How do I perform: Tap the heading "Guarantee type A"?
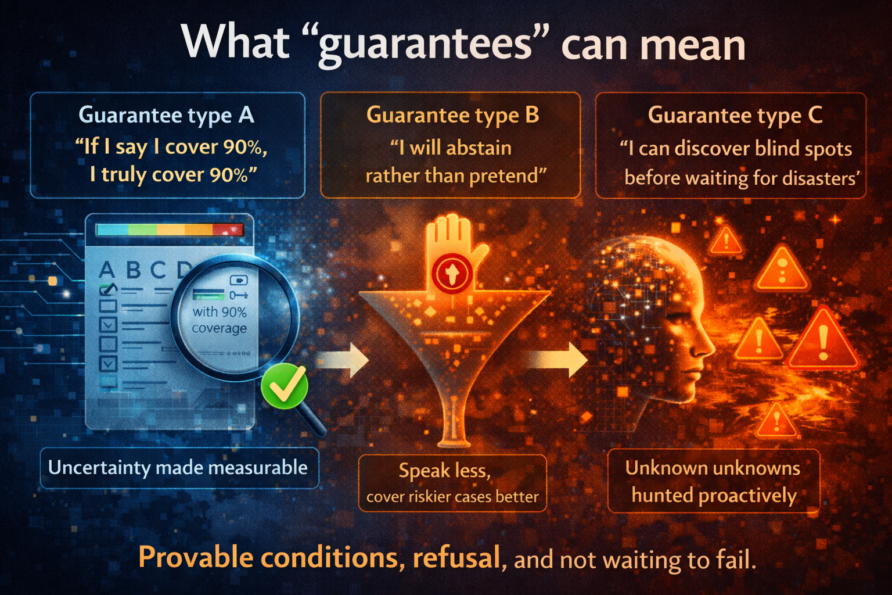167,115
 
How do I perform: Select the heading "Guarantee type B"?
452,115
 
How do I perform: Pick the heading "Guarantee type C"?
735,115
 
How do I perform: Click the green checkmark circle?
285,385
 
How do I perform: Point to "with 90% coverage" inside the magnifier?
220,320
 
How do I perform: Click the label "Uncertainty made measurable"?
178,468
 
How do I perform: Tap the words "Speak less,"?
445,471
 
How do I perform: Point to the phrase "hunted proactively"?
714,496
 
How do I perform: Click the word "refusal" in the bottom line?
456,558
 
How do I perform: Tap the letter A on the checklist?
107,270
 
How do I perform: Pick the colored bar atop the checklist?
169,230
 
